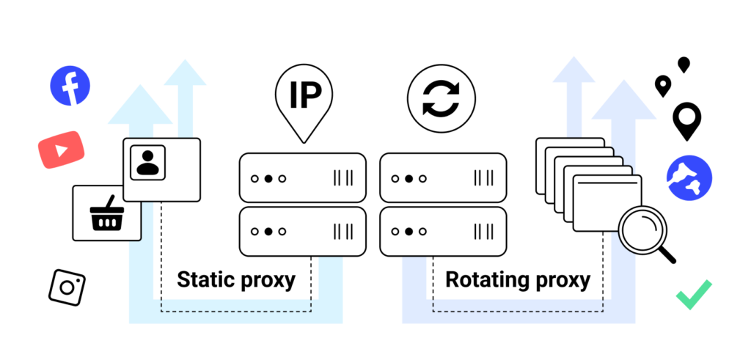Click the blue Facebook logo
click(70, 85)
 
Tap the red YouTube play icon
click(61, 150)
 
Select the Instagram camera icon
click(67, 287)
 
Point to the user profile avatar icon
click(147, 162)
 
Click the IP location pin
click(303, 99)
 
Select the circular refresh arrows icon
click(442, 100)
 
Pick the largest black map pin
click(687, 120)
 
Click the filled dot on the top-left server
click(268, 178)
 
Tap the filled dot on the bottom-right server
click(409, 232)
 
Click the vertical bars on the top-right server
click(484, 178)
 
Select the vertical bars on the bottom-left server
click(343, 232)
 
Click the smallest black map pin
click(684, 65)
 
